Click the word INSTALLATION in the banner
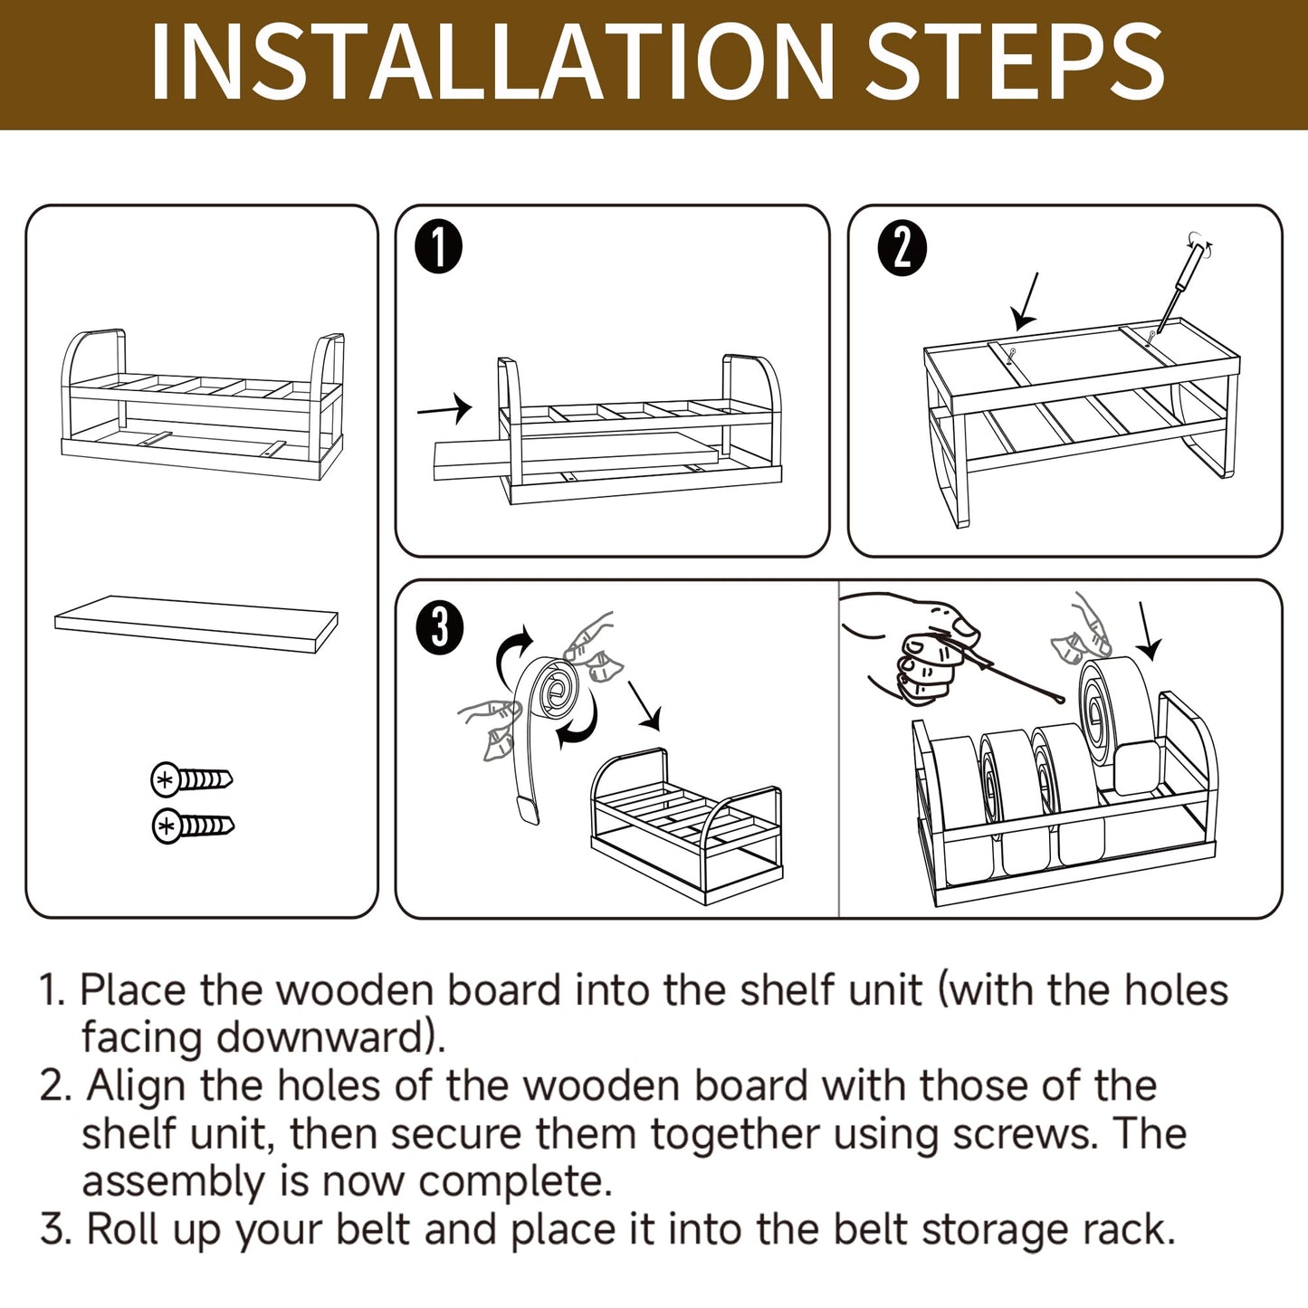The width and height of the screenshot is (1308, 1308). [492, 62]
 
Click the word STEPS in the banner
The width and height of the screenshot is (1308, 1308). [1014, 62]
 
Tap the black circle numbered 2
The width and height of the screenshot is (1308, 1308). [902, 248]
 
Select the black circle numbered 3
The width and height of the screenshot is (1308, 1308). [439, 628]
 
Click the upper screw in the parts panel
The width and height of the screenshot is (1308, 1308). [192, 779]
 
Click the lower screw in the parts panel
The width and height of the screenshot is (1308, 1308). [194, 826]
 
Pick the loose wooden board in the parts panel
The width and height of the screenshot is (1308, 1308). [196, 624]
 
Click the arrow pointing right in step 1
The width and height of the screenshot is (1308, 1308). [444, 408]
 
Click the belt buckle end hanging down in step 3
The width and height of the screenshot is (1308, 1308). [527, 810]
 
